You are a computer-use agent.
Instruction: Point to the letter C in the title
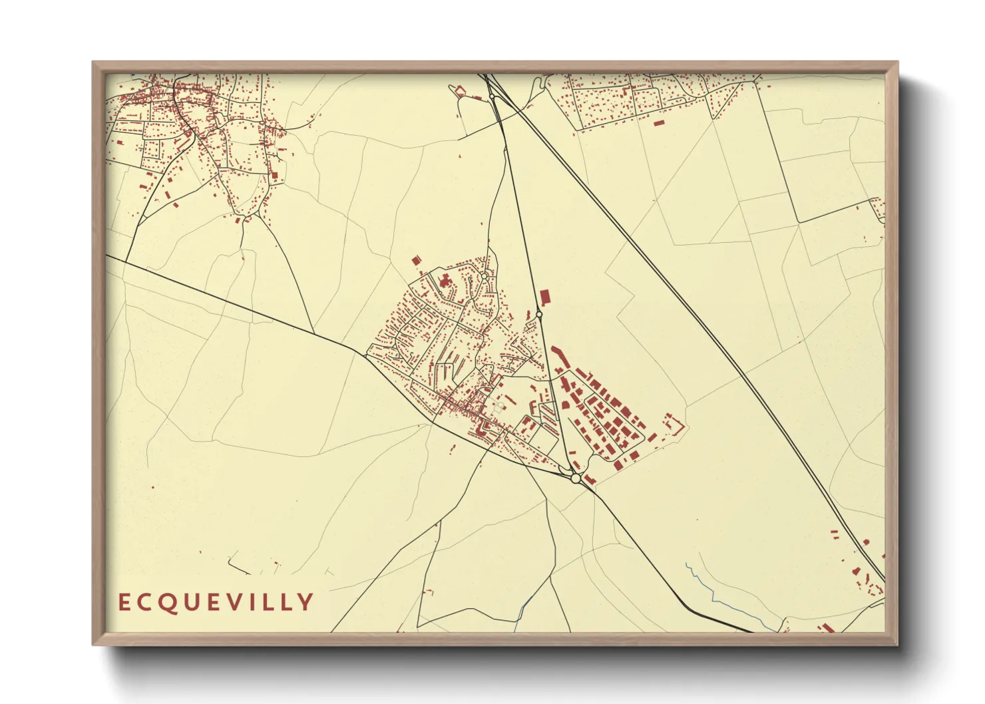tap(146, 603)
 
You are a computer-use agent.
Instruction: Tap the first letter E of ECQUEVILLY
tap(123, 603)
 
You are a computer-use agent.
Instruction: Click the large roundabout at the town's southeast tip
tap(576, 478)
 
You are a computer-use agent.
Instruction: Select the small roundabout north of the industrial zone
tap(539, 313)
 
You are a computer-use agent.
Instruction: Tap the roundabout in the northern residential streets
tap(484, 275)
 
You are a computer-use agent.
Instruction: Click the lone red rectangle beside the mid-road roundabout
tap(545, 296)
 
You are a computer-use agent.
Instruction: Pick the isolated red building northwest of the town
tap(417, 261)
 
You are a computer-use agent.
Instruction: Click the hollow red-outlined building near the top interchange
tap(459, 90)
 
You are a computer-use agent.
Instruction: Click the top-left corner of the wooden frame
tap(94, 63)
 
